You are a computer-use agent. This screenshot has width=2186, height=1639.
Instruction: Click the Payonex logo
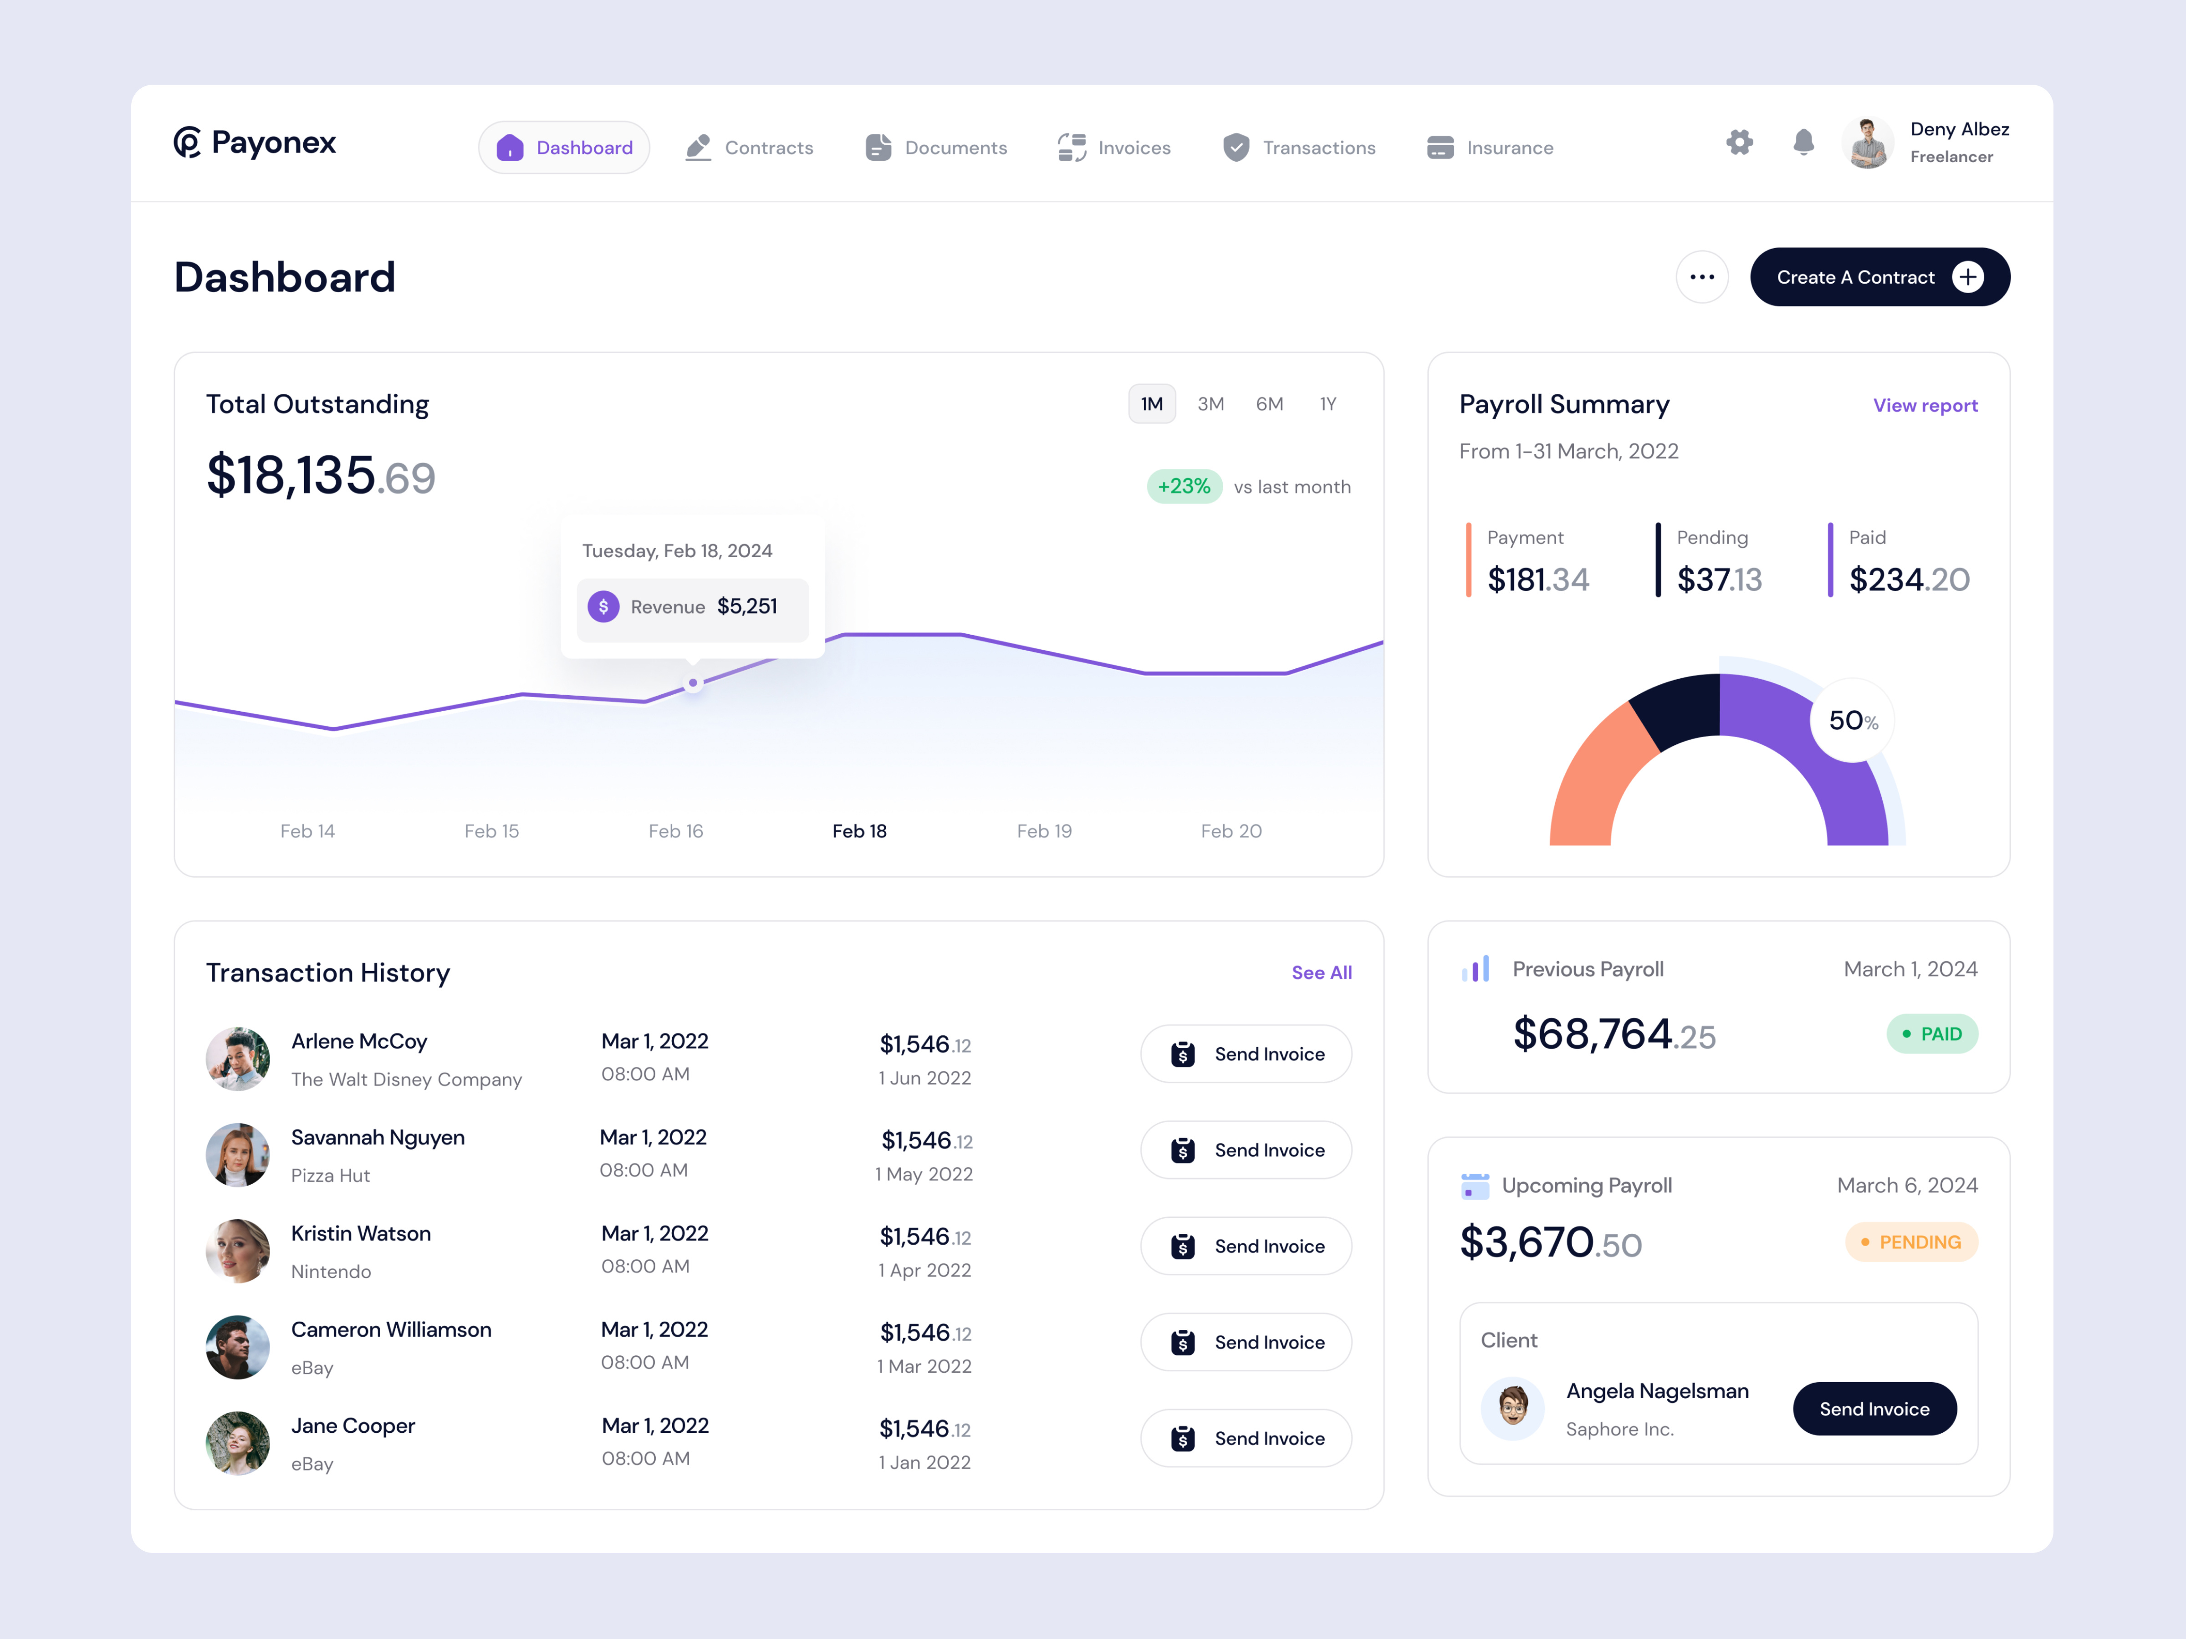point(255,143)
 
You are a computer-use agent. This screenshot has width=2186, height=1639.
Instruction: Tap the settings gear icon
point(1739,142)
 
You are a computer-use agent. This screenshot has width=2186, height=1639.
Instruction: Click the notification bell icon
point(1803,142)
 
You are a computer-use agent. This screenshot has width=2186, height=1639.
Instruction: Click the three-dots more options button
point(1702,277)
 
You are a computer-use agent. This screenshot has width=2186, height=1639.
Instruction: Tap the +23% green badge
point(1184,486)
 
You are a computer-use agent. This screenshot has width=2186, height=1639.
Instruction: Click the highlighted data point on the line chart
point(693,682)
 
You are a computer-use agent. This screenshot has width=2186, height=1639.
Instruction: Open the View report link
point(1925,405)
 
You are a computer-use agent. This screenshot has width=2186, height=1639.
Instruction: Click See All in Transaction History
point(1321,972)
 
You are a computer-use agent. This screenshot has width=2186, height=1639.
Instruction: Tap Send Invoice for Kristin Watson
point(1246,1246)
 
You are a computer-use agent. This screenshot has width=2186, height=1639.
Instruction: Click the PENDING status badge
point(1911,1242)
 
